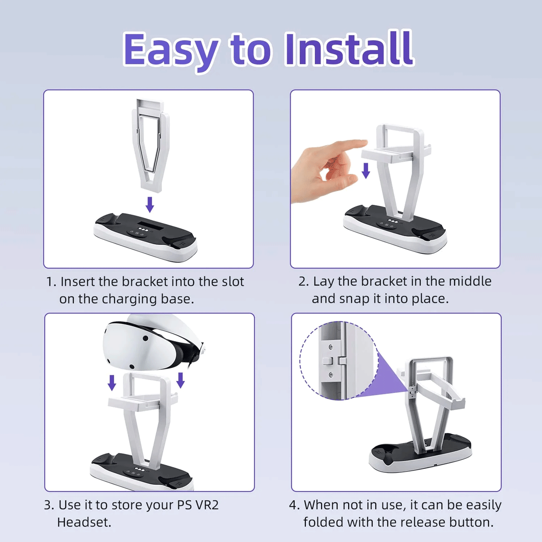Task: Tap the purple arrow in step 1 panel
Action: [150, 204]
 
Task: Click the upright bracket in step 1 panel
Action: [151, 145]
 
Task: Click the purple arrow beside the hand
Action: [366, 170]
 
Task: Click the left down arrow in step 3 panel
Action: [112, 383]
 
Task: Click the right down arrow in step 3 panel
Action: [181, 380]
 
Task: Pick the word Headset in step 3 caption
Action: [84, 523]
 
